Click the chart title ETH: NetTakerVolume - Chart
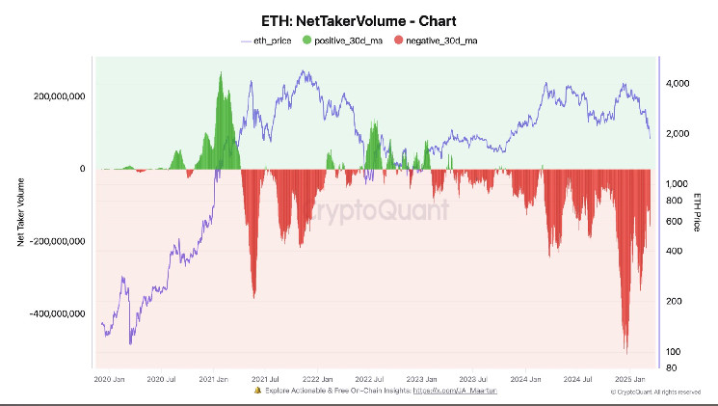359,19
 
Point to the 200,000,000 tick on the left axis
59,96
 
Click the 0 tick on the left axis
83,169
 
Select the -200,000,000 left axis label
57,241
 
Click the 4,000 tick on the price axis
677,84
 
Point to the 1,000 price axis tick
677,183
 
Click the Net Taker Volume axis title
20,210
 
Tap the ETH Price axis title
698,211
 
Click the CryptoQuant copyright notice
655,392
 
